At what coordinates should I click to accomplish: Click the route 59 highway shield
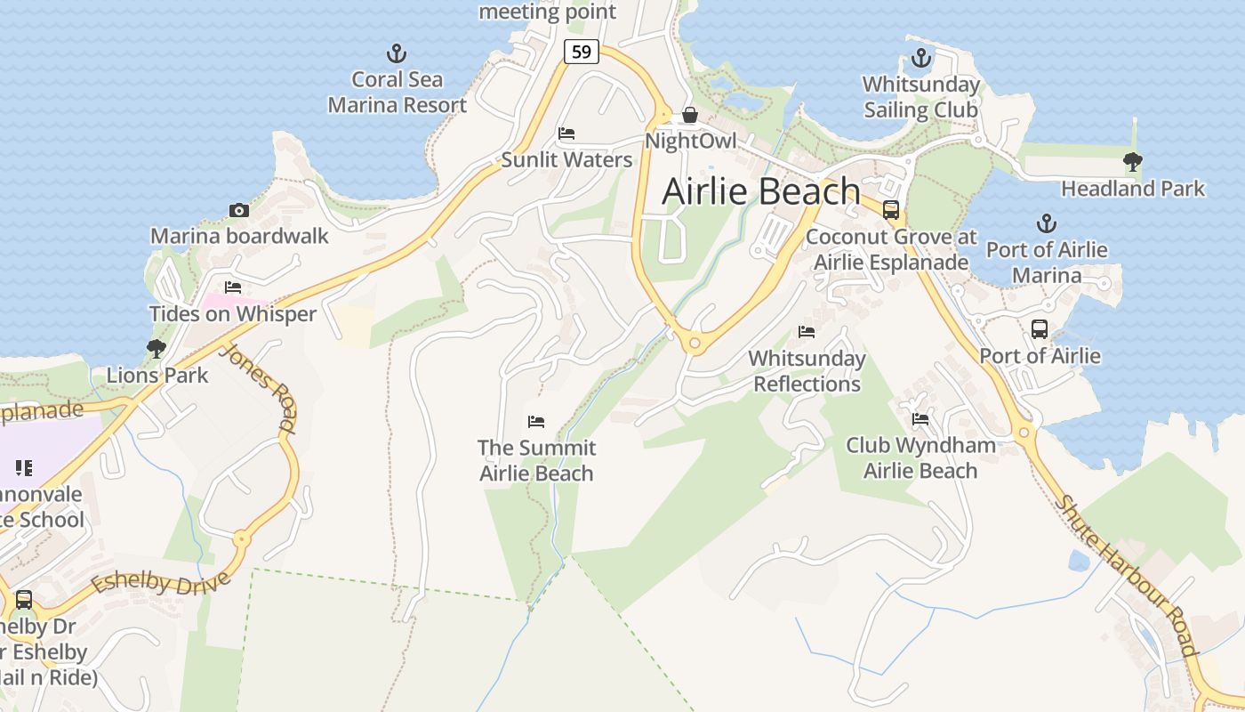(x=581, y=52)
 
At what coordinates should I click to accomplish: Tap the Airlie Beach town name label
(x=761, y=191)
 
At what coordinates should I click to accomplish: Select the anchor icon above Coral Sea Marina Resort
(x=397, y=53)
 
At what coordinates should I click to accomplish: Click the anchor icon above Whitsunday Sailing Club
(x=920, y=59)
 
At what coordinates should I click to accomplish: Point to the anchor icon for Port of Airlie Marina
(x=1047, y=223)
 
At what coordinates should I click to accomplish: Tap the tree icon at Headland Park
(x=1132, y=162)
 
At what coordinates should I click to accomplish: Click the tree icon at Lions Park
(x=157, y=348)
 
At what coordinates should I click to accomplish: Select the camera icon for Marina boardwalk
(x=238, y=210)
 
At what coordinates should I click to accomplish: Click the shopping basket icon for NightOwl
(x=689, y=115)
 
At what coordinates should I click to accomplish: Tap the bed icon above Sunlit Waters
(x=566, y=134)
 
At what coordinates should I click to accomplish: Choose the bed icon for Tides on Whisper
(x=233, y=287)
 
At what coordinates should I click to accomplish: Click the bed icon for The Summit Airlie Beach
(x=535, y=421)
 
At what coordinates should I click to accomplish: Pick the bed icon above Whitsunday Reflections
(x=807, y=332)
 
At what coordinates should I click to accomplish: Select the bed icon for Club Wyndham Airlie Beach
(x=920, y=418)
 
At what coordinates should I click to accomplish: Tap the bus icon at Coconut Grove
(x=890, y=210)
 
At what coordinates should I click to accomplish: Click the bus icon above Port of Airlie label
(x=1039, y=329)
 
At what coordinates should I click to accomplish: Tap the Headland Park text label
(x=1133, y=189)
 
